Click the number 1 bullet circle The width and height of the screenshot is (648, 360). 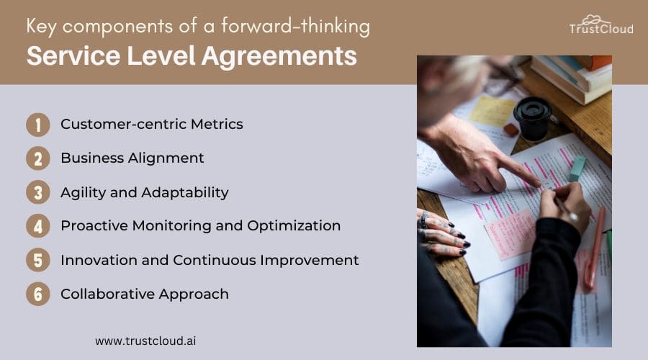pyautogui.click(x=38, y=125)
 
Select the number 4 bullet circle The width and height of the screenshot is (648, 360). pyautogui.click(x=38, y=226)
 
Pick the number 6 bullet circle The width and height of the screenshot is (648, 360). pyautogui.click(x=38, y=294)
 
